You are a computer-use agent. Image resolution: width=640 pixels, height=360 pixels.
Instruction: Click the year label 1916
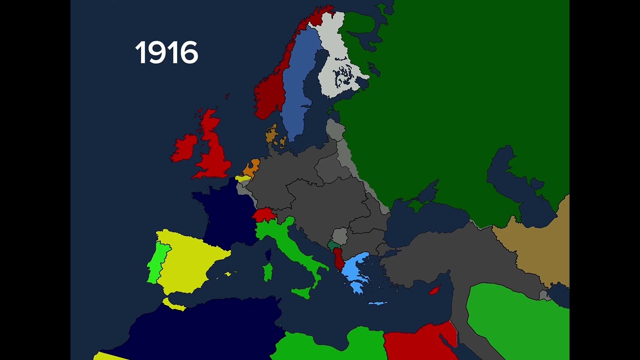[x=166, y=53]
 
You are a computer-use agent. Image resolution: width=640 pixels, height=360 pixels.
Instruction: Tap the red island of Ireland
[x=185, y=147]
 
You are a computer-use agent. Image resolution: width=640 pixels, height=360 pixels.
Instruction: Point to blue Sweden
[x=298, y=85]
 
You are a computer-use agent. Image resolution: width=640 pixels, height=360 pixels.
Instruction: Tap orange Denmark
[x=271, y=134]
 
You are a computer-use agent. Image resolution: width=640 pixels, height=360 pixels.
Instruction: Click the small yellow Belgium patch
[x=243, y=178]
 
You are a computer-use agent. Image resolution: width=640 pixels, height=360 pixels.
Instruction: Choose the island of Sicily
[x=303, y=292]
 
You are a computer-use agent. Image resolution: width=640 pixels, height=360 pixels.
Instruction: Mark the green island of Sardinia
[x=268, y=272]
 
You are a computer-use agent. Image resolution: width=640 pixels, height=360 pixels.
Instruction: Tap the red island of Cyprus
[x=434, y=290]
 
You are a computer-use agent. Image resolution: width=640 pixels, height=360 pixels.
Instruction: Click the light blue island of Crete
[x=377, y=303]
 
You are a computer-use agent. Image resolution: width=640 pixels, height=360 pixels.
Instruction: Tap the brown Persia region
[x=540, y=250]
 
